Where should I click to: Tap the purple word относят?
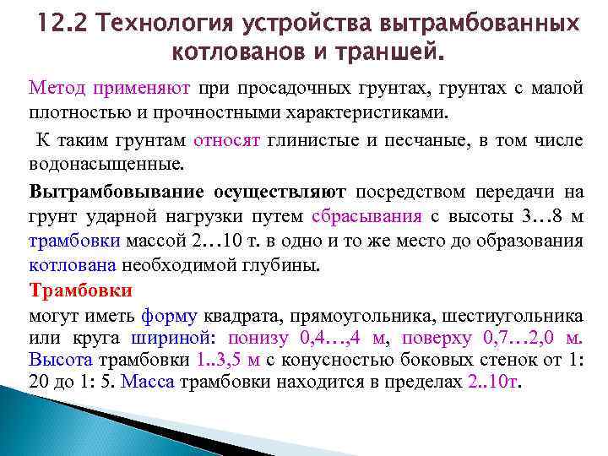223,140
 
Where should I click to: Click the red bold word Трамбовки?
80,291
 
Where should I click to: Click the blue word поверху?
439,339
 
